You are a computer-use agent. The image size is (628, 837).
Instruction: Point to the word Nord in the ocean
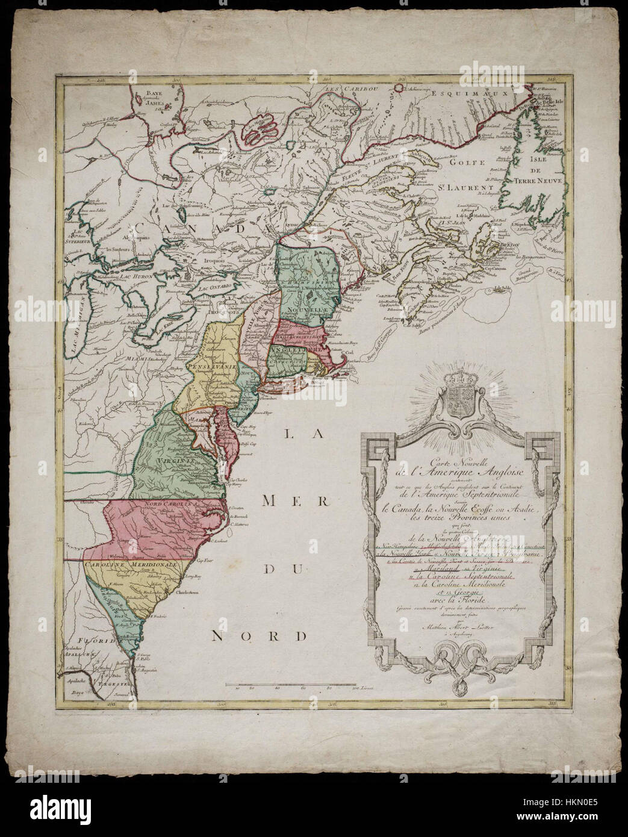(x=260, y=636)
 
